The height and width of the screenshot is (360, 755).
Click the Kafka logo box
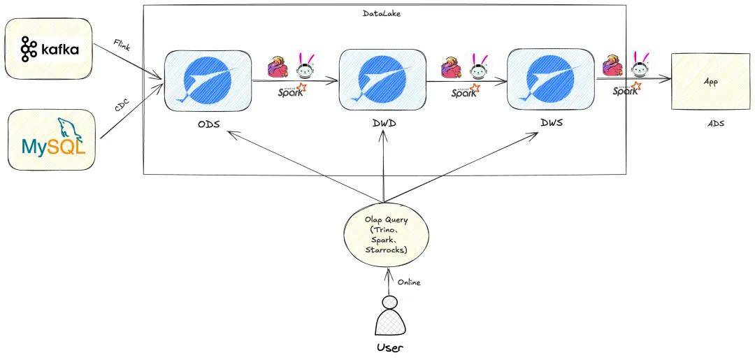[x=49, y=49]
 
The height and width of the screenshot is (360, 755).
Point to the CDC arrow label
[x=124, y=106]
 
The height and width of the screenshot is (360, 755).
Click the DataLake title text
[x=382, y=13]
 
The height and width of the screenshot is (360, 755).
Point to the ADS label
[x=715, y=124]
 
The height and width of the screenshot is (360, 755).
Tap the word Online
[x=409, y=282]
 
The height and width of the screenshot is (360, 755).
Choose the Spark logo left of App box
[x=626, y=90]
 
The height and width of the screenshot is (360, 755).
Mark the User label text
[x=390, y=348]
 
